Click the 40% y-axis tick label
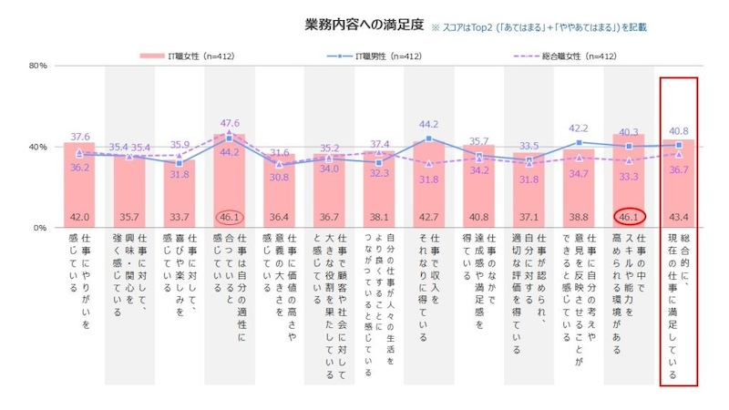click(x=37, y=148)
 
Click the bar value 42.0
click(x=79, y=216)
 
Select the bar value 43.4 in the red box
click(x=677, y=216)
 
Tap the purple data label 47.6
click(x=230, y=123)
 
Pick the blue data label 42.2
click(x=579, y=128)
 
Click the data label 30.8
click(x=279, y=177)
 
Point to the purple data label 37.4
click(x=379, y=144)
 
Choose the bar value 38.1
click(x=378, y=216)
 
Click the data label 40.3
click(x=629, y=132)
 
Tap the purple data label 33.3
click(x=629, y=178)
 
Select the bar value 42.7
click(x=428, y=216)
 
